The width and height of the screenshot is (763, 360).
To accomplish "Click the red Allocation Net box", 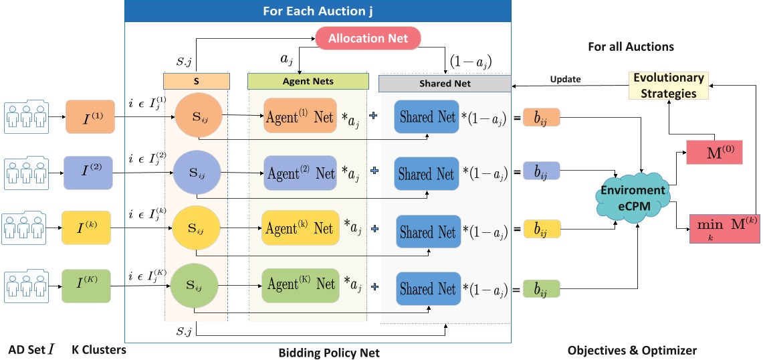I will tap(367, 37).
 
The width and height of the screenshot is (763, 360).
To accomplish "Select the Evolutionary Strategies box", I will tap(668, 86).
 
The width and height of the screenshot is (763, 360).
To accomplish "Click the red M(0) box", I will tap(714, 151).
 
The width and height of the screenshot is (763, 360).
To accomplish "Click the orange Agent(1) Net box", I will tap(300, 116).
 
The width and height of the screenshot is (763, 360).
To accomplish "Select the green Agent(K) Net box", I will tap(299, 284).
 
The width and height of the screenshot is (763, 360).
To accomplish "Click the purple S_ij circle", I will tap(193, 174).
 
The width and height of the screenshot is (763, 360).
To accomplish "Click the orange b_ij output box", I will tap(540, 117).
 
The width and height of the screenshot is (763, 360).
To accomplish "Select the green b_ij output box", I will tap(540, 289).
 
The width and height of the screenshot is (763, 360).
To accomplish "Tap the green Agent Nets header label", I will tap(308, 82).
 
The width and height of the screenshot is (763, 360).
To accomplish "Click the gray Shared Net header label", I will tap(445, 83).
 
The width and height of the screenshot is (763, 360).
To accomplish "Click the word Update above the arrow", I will tap(565, 79).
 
